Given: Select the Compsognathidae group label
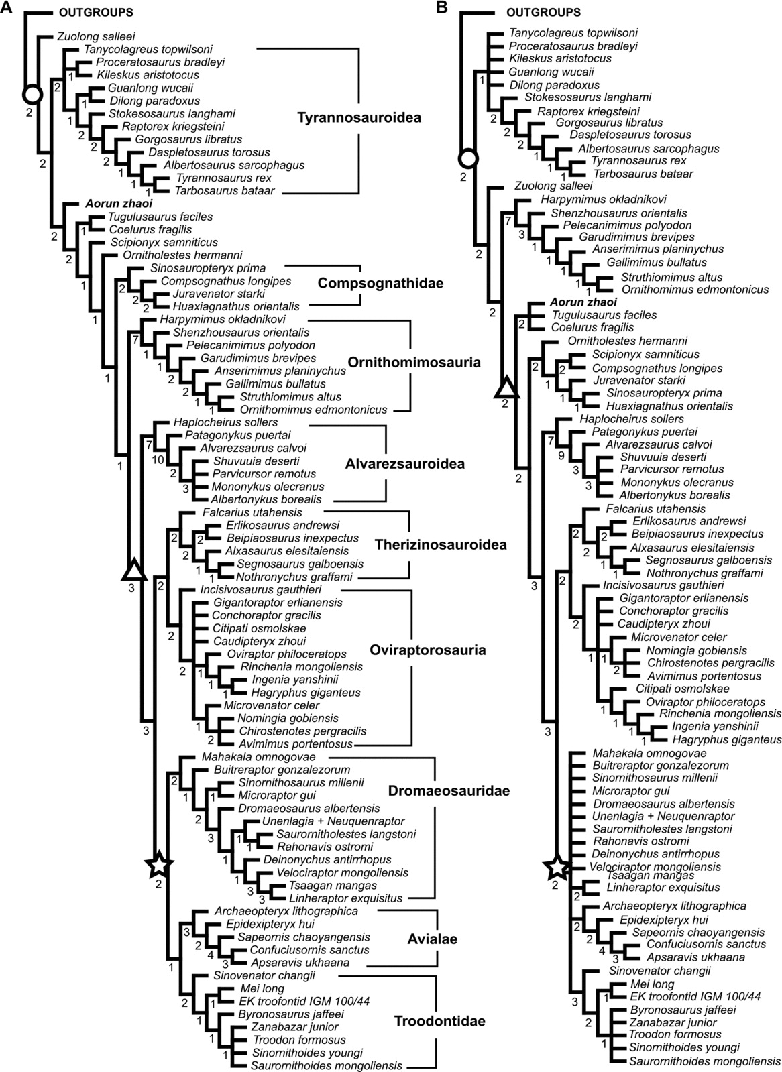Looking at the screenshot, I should tap(381, 284).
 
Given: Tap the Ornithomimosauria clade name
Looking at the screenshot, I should tap(414, 363).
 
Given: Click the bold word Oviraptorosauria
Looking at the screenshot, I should tap(427, 650).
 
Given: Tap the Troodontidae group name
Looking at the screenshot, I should tap(439, 1021).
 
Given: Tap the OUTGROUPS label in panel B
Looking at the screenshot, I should tap(543, 13).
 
